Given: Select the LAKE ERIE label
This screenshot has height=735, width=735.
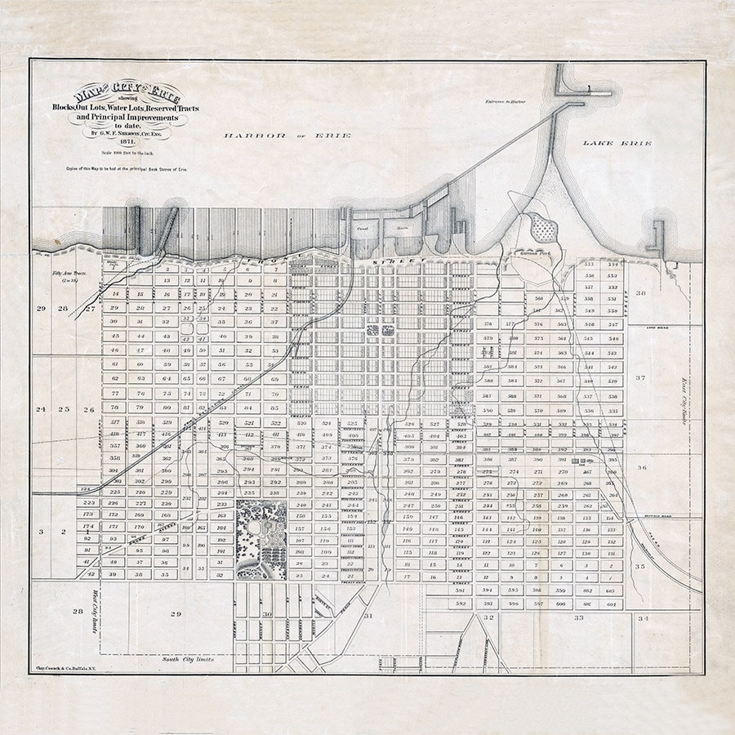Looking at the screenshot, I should click(x=617, y=144).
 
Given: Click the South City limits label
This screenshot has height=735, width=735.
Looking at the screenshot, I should click(x=187, y=658).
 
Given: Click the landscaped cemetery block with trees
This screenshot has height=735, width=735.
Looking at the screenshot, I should click(x=261, y=540).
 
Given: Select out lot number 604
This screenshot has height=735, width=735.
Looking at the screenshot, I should click(x=610, y=604).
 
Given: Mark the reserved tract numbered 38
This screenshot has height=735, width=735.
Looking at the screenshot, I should click(x=641, y=292).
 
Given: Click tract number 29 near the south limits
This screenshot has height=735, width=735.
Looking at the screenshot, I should click(x=175, y=612).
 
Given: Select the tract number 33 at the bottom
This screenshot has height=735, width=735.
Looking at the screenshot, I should click(x=578, y=618).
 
